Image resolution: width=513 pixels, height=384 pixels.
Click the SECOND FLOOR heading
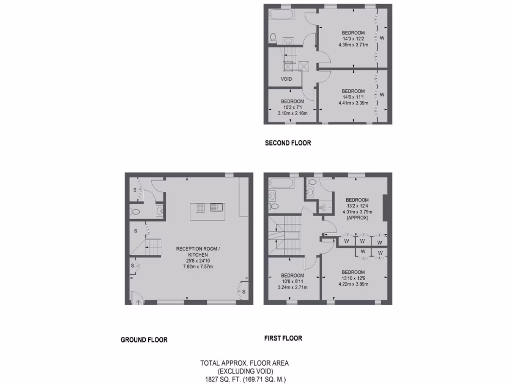point(288,143)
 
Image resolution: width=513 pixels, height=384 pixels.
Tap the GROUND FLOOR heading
point(144,340)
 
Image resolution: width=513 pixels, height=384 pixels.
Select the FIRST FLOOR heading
point(283,338)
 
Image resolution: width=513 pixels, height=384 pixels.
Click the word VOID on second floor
point(286,79)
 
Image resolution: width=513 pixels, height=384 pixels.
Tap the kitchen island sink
point(216,207)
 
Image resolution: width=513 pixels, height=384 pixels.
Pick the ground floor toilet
point(134,212)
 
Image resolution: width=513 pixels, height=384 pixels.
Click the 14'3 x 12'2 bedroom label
point(353,38)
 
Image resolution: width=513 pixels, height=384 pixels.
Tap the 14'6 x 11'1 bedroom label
point(353,97)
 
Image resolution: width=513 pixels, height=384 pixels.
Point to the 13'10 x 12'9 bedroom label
point(353,278)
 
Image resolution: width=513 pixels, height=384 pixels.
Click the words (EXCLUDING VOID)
point(244,371)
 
